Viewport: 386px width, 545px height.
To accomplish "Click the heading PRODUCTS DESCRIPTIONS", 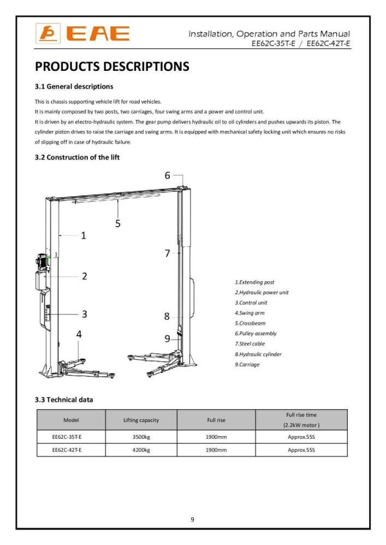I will [x=112, y=66].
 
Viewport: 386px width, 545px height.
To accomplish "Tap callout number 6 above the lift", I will [x=168, y=175].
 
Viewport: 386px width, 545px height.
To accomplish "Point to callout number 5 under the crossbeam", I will [x=118, y=222].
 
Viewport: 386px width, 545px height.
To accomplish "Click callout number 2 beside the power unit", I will [x=85, y=276].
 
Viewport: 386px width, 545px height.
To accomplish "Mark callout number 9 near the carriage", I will [x=168, y=338].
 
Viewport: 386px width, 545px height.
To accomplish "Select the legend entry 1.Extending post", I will [x=254, y=282].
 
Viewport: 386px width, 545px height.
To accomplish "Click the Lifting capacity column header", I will [x=141, y=420].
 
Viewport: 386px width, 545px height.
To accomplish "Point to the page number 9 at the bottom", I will [x=192, y=519].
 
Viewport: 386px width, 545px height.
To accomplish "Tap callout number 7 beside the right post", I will [x=168, y=253].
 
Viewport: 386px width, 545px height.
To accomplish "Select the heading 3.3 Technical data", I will [x=64, y=399].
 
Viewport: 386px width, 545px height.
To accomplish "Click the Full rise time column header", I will [x=301, y=420].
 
